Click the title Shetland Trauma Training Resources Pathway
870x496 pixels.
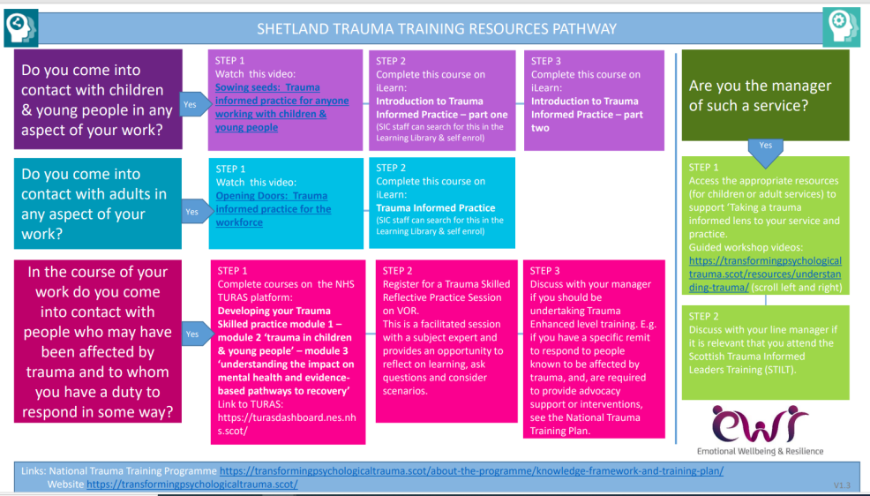tap(437, 29)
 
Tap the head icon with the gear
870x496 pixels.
tap(842, 26)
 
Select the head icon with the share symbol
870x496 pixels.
tap(21, 26)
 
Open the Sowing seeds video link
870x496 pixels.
tap(281, 107)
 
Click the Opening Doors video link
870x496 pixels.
tap(273, 209)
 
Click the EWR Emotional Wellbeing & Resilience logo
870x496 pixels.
tap(760, 431)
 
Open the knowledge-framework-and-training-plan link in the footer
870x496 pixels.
tap(472, 471)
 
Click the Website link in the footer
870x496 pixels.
tap(192, 485)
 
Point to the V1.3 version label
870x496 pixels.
tap(842, 485)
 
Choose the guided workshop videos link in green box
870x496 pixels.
tap(765, 274)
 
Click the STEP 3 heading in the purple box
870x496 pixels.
tap(546, 61)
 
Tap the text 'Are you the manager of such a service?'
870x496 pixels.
tap(760, 95)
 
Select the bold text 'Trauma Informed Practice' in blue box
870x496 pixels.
tap(436, 208)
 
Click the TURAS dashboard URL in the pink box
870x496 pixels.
tap(287, 424)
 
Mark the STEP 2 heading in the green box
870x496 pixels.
tap(703, 316)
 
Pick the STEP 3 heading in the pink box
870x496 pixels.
tap(545, 271)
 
